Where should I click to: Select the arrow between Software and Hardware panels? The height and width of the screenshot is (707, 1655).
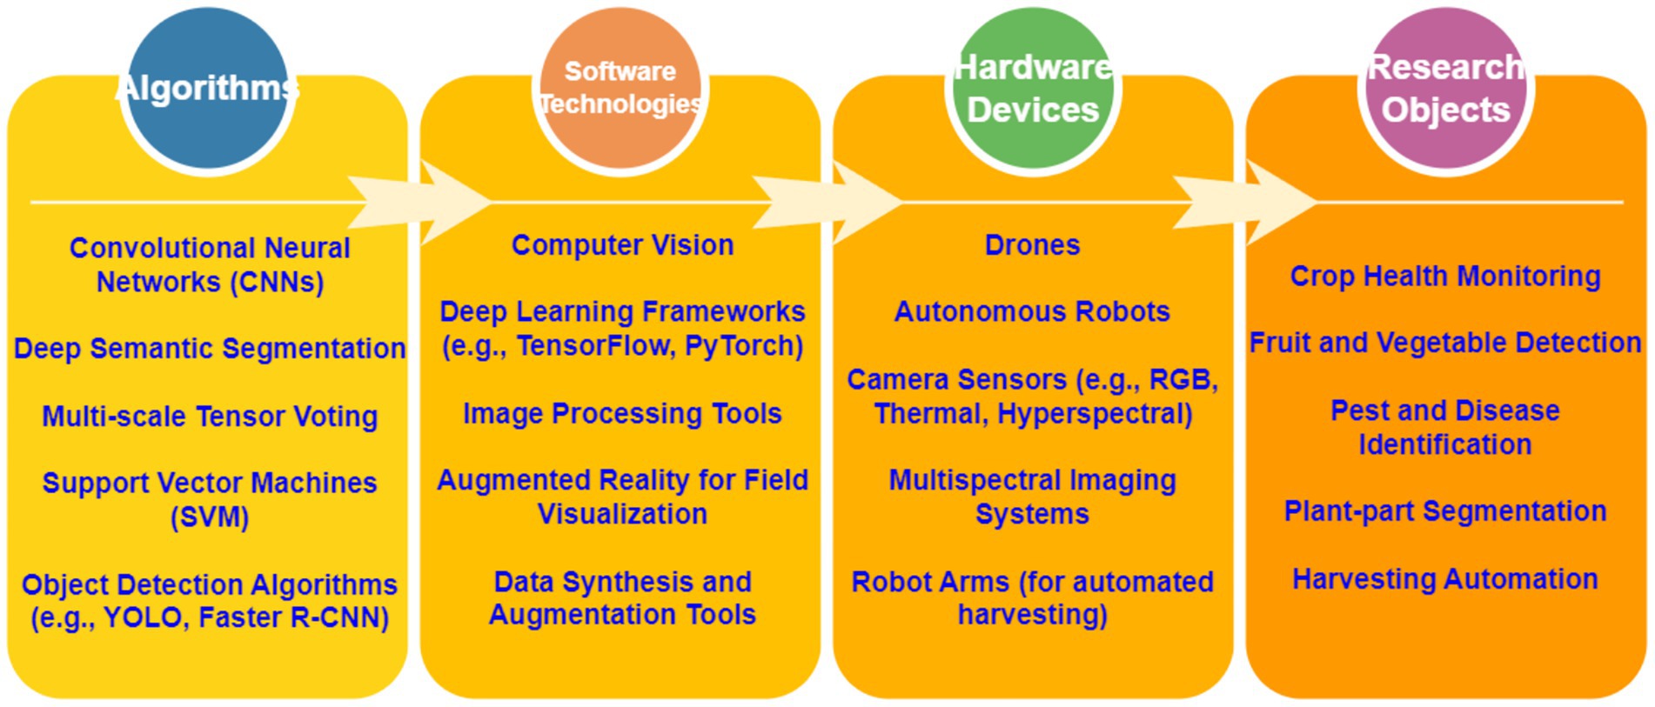tap(827, 203)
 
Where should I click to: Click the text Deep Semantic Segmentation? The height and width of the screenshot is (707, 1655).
tap(210, 349)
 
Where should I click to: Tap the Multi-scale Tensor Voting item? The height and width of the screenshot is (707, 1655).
tap(210, 417)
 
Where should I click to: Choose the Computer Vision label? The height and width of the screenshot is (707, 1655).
tap(622, 245)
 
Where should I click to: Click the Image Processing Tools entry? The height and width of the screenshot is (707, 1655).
tap(622, 414)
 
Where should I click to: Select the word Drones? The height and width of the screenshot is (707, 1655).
tap(1032, 245)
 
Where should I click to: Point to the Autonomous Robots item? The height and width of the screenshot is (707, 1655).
tap(1032, 311)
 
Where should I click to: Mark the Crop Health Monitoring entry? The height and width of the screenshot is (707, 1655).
tap(1445, 277)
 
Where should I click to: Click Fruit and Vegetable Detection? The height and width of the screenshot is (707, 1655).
tap(1445, 343)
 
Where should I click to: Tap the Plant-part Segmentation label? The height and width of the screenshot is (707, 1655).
tap(1445, 511)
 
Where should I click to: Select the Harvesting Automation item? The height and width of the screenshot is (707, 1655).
tap(1445, 579)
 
